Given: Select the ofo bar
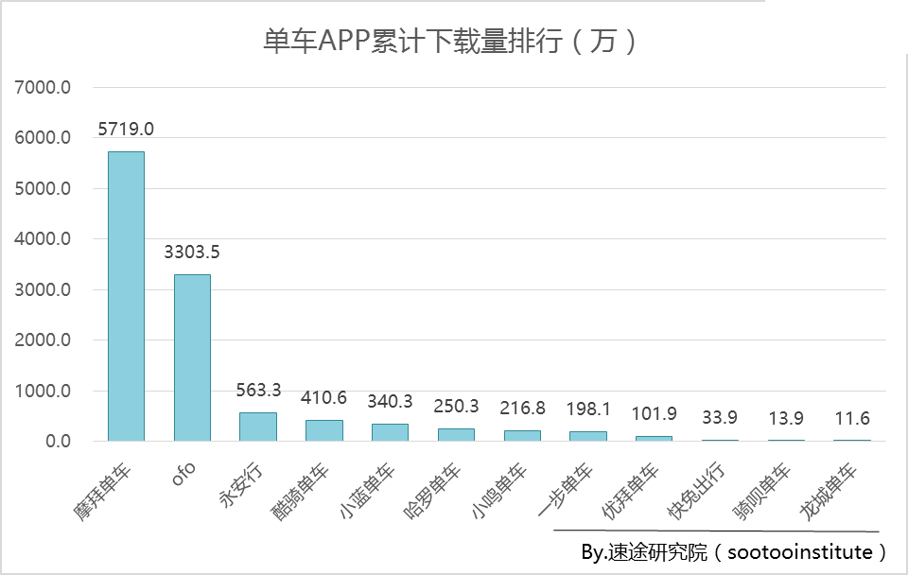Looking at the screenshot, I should click(192, 357).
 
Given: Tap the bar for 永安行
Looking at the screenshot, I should click(257, 427).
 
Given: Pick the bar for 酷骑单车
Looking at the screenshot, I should click(323, 430).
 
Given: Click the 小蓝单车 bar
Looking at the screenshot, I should click(390, 432).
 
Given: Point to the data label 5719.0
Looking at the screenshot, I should click(126, 129).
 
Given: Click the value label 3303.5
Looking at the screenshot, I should click(192, 253).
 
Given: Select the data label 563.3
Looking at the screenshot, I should click(257, 391).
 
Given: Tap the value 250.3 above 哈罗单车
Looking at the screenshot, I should click(456, 406).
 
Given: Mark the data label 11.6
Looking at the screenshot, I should click(852, 418).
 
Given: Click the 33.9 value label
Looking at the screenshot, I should click(720, 417).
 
